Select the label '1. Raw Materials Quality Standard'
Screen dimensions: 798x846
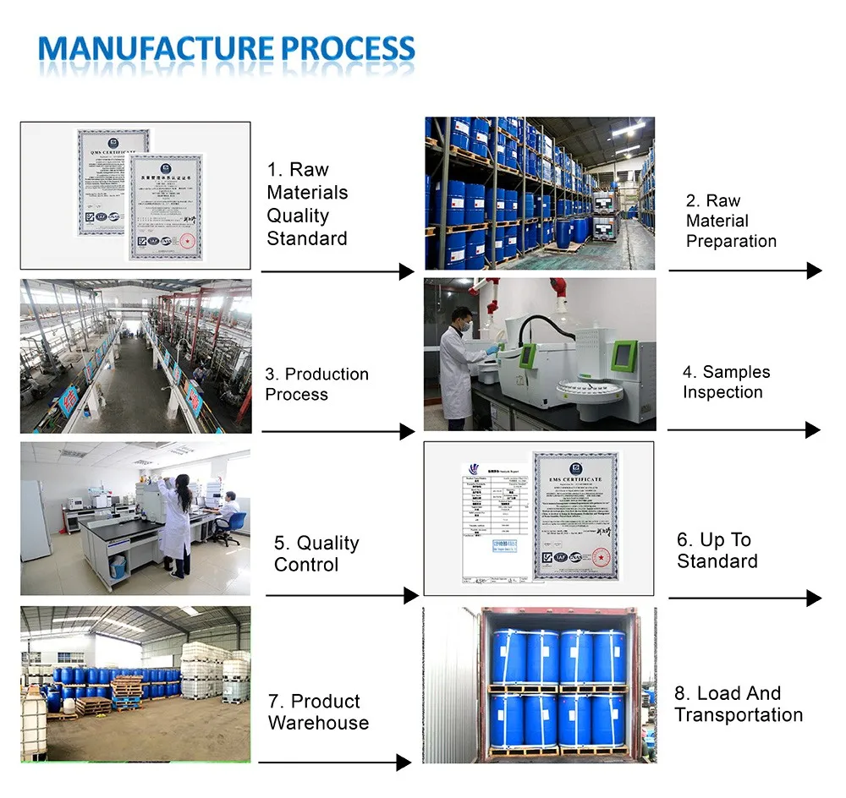tap(306, 204)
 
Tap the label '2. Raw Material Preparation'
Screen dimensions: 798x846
tap(731, 221)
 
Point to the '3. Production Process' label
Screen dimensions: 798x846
tap(316, 384)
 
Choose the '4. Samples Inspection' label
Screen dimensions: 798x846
tap(726, 382)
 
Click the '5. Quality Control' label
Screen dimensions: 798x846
tap(316, 554)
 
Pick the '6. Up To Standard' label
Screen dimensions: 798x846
tap(717, 550)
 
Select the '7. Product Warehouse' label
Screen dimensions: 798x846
tap(318, 712)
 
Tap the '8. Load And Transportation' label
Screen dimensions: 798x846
tap(738, 704)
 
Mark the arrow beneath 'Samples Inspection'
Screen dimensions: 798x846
tap(744, 430)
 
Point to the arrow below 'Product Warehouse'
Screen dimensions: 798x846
tap(334, 762)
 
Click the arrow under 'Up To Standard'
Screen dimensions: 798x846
tap(744, 598)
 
